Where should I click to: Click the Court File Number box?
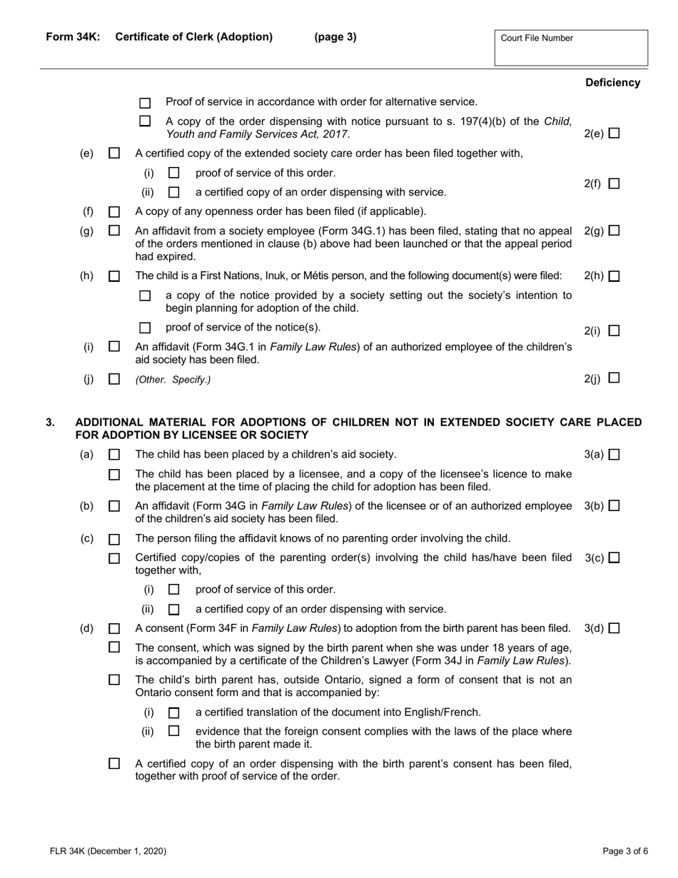coord(570,48)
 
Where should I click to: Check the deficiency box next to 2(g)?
coord(614,231)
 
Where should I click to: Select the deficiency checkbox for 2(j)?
coord(614,379)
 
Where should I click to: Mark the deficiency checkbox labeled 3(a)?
coord(614,455)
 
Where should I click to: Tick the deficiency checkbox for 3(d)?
coord(614,629)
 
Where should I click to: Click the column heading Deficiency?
coord(612,83)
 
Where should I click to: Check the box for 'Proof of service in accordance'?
coord(146,103)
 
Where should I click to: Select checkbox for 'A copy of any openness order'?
coord(114,212)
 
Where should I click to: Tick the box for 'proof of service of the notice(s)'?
coord(146,328)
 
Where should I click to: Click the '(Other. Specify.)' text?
coord(173,380)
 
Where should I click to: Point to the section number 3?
coord(50,423)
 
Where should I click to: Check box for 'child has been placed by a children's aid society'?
coord(114,455)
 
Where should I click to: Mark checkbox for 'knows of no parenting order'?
coord(114,539)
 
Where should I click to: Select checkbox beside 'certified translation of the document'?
coord(173,713)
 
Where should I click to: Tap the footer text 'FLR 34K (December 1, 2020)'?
coord(108,850)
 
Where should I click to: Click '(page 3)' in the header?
coord(335,37)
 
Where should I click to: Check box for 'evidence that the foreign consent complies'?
coord(173,732)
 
